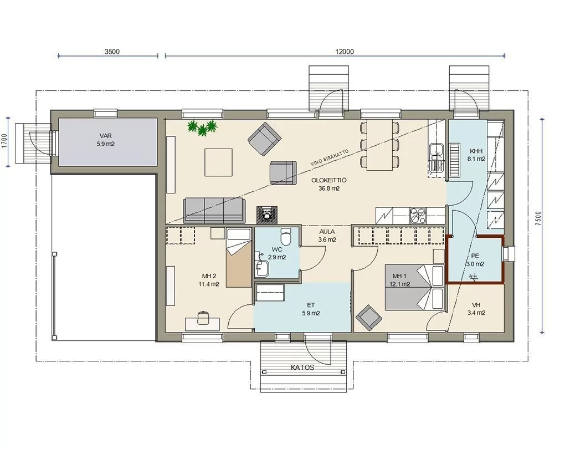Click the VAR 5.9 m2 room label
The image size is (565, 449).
coord(106,140)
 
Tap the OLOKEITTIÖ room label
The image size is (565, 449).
coord(329,180)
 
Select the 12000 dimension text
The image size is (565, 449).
coord(345,52)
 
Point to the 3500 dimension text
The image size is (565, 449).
coord(112,52)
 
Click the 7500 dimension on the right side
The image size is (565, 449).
coord(538,218)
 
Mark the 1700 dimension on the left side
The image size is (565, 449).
coord(4,141)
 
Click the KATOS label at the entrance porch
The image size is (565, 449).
coord(302,368)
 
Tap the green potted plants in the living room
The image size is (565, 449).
coord(203,127)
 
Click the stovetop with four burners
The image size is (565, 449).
coord(418,216)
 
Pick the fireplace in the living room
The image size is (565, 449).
coord(267,215)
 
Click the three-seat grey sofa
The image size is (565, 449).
coord(214,210)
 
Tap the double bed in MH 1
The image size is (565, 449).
coord(414,288)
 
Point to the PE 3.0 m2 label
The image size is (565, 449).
coord(475,259)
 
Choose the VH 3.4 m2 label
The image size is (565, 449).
coord(476,309)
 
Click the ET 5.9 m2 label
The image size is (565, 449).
coord(311,309)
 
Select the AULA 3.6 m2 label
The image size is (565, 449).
coord(327,236)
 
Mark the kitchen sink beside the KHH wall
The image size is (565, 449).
coord(437,157)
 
